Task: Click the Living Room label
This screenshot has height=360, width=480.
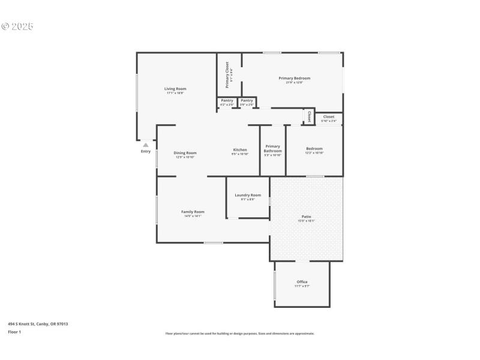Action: tap(175, 89)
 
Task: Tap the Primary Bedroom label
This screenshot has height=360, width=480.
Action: tap(294, 78)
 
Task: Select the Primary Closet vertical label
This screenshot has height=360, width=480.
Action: tap(227, 74)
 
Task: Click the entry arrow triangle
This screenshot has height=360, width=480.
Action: tap(145, 145)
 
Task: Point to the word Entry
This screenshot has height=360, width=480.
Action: tap(146, 151)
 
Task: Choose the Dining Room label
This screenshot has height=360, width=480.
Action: tap(185, 153)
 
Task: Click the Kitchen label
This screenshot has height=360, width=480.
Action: tap(240, 149)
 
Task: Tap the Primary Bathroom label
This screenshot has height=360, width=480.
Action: tap(272, 149)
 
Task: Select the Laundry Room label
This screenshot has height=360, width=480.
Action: tap(247, 195)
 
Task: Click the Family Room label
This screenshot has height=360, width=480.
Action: tap(193, 212)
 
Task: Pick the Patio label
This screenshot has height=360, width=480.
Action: tap(306, 217)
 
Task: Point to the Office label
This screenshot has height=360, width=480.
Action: tap(302, 282)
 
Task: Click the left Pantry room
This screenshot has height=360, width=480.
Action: tap(227, 102)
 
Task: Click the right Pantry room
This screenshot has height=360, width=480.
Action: tap(247, 102)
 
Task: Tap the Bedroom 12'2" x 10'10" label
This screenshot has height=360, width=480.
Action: tap(314, 149)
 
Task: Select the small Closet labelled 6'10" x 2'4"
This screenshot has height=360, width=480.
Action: tap(329, 118)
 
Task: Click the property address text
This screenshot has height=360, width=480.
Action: tap(38, 324)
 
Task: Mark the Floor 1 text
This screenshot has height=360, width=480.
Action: tap(14, 332)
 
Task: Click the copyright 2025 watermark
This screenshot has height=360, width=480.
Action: tap(17, 26)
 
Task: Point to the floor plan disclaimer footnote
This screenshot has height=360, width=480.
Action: tap(239, 334)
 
